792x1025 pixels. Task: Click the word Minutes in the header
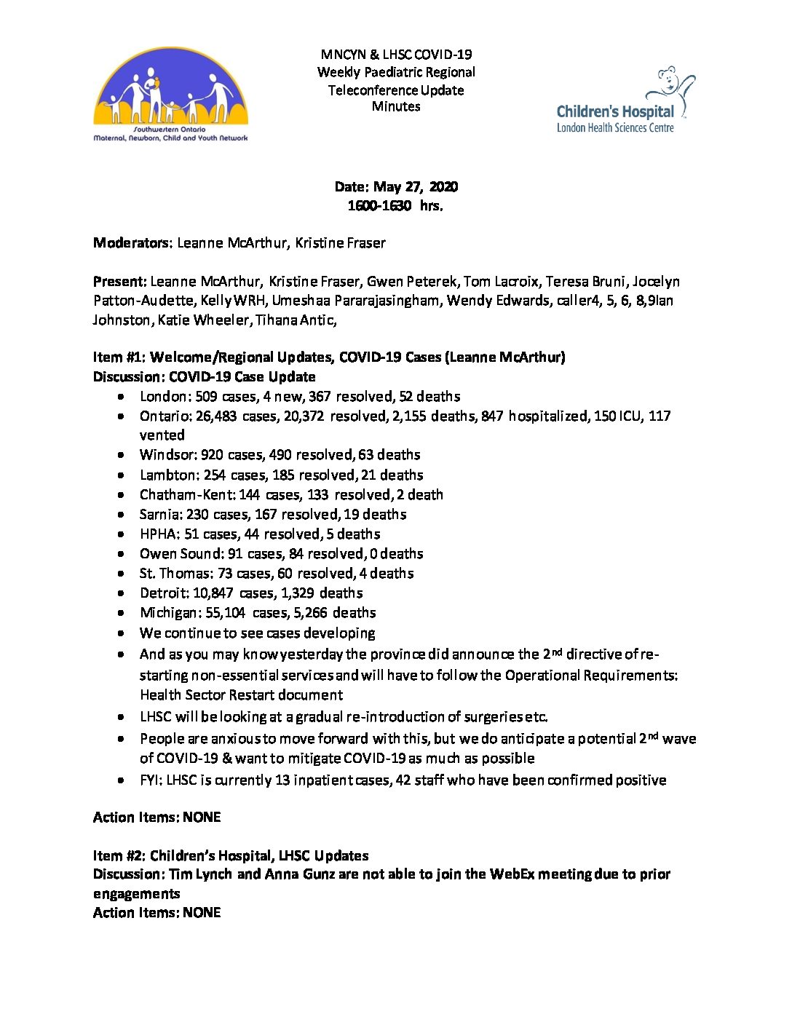[x=396, y=106]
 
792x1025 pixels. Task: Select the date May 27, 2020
[x=416, y=187]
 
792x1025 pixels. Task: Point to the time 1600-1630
[x=379, y=206]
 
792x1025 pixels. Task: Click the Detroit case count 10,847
[x=213, y=593]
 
